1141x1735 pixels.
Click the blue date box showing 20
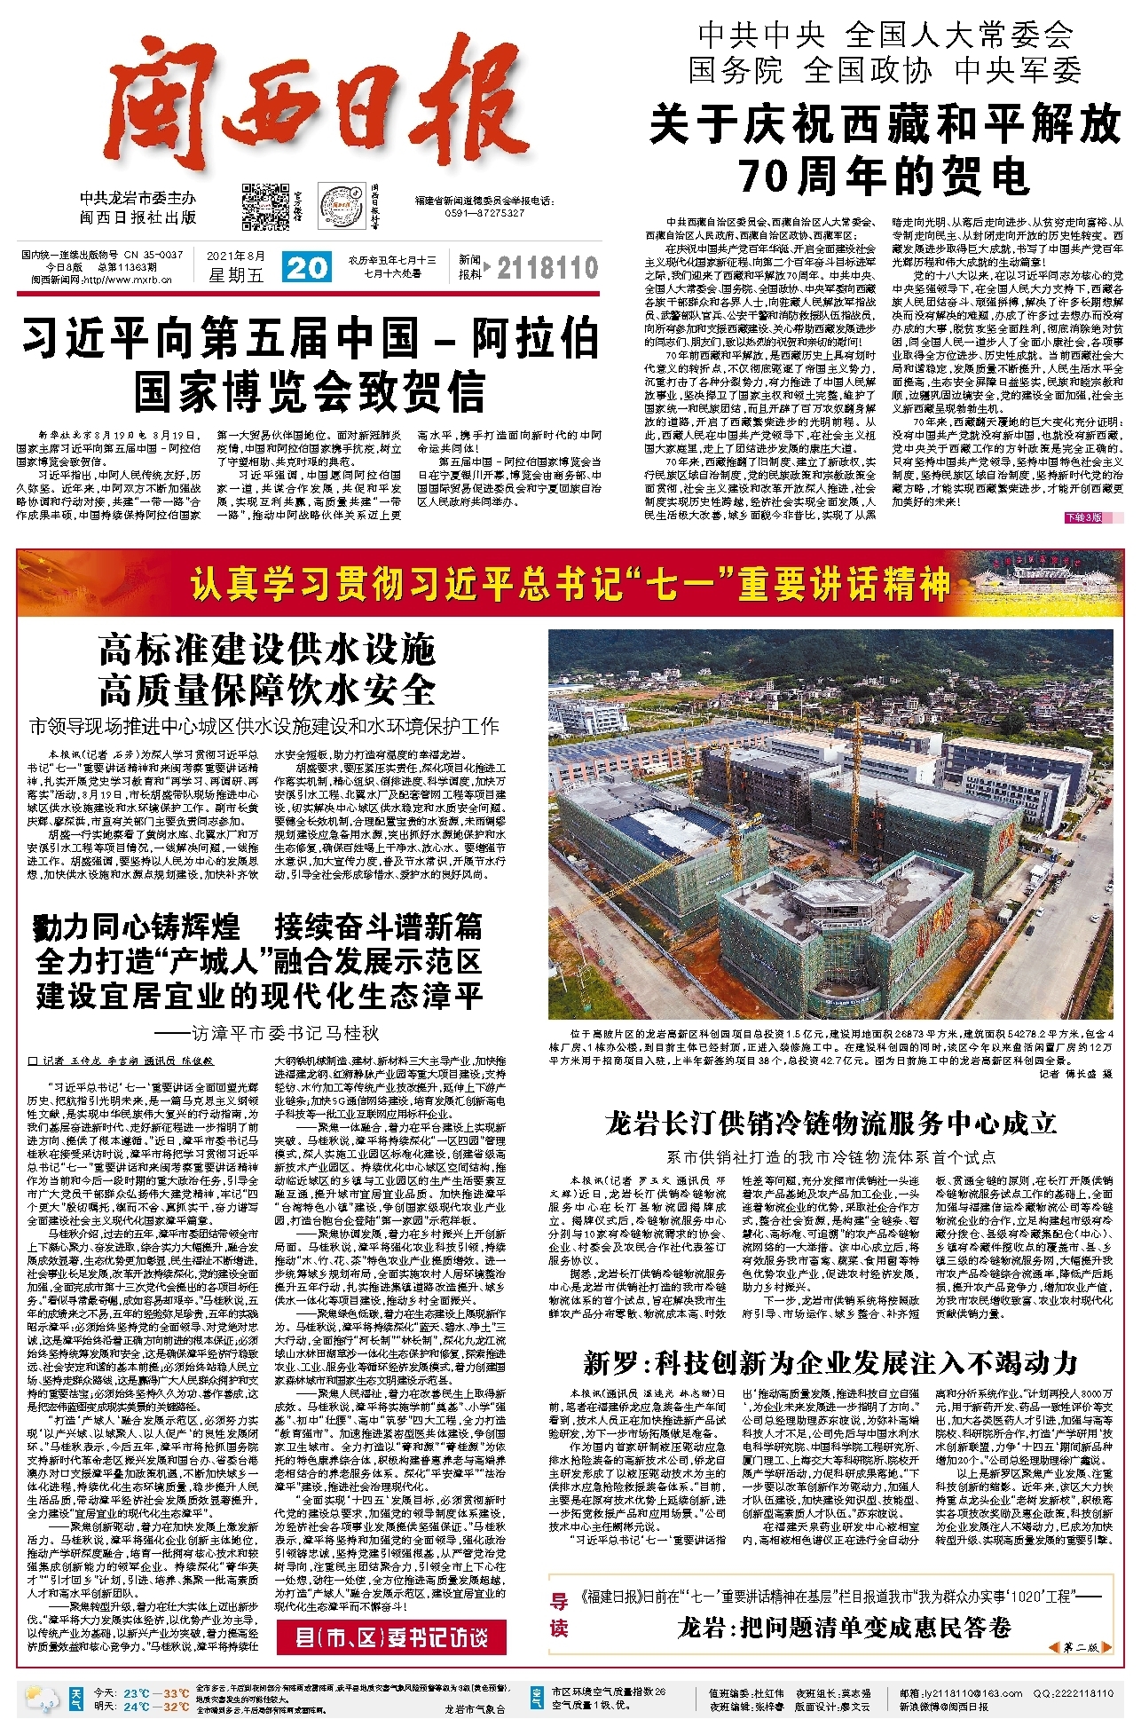[x=307, y=267]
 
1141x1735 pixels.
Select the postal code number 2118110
[x=547, y=268]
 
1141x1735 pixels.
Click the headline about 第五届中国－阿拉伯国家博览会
[x=310, y=364]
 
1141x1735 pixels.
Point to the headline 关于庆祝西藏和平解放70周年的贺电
[x=885, y=148]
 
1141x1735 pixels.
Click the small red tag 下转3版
[x=1082, y=517]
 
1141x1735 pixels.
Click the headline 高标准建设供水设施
[x=266, y=650]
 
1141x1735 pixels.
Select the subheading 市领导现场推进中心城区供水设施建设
[x=264, y=726]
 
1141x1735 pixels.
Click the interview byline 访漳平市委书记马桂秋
[x=266, y=1033]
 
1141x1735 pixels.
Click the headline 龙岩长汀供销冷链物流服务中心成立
[x=830, y=1123]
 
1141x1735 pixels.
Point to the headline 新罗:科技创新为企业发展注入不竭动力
[x=830, y=1362]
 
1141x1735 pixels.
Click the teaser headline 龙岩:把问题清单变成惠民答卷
[x=844, y=1628]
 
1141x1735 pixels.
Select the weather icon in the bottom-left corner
[x=42, y=1699]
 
